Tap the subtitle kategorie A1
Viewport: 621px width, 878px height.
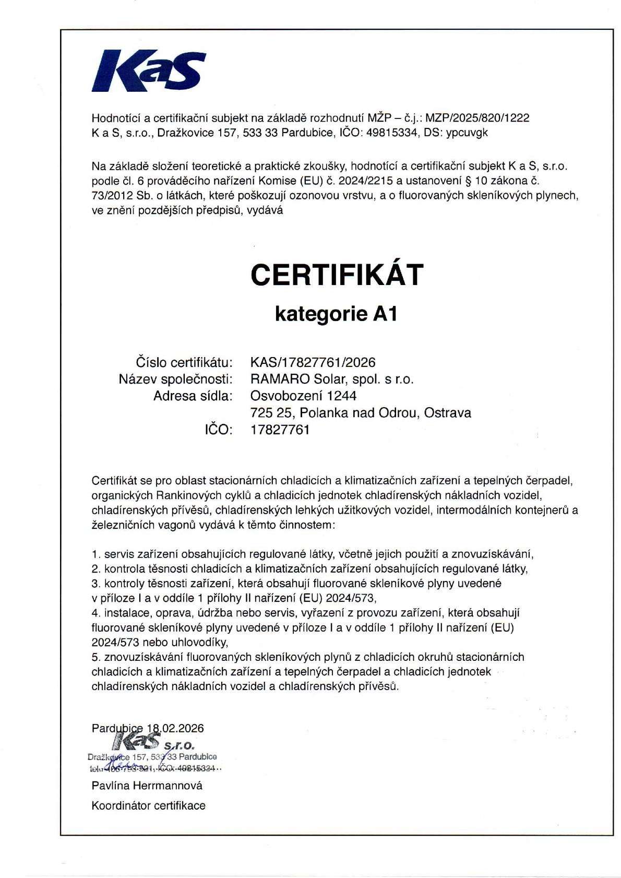tap(336, 314)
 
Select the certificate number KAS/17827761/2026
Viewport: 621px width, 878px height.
tap(313, 362)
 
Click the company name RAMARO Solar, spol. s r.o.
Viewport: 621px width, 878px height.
tap(332, 379)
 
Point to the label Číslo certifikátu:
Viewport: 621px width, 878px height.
tap(184, 362)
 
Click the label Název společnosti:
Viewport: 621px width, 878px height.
tap(175, 379)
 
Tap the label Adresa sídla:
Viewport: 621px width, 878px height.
tap(193, 396)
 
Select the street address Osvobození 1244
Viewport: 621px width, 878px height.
tap(303, 396)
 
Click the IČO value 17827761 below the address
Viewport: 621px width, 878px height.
tap(280, 430)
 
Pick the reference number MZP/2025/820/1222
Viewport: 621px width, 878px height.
tap(477, 118)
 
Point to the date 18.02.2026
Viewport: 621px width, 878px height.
tap(175, 728)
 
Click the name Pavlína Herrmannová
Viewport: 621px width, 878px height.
tap(147, 785)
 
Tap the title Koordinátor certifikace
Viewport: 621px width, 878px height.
tap(148, 805)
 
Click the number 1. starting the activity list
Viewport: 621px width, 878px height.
tap(95, 554)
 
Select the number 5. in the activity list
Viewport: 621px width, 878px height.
tap(95, 657)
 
